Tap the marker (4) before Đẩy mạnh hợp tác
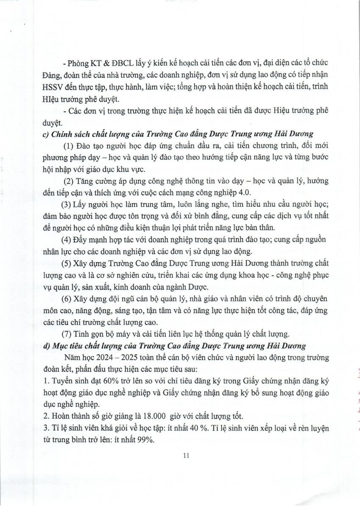tap(68, 239)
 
